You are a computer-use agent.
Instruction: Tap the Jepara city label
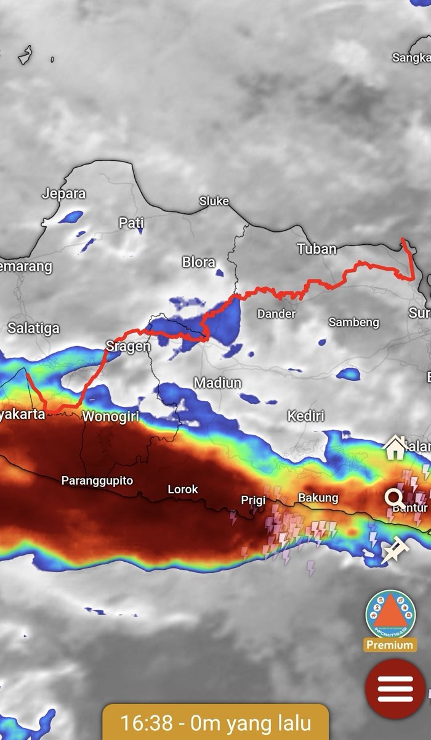63,193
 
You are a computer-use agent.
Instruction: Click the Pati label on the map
131,223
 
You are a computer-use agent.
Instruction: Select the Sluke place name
214,201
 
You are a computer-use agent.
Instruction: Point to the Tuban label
316,249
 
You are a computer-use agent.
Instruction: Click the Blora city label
198,262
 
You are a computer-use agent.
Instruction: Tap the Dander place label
276,314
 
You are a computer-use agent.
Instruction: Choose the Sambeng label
354,322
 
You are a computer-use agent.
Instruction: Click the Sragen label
128,345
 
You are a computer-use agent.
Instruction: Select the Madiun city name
217,383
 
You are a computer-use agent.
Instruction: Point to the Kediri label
305,416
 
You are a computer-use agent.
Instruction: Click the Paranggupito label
97,480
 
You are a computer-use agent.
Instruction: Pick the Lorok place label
183,489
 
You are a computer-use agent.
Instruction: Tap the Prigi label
253,500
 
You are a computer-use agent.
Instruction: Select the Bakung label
318,497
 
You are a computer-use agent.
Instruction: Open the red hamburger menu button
395,689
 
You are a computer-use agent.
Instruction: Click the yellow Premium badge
390,645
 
